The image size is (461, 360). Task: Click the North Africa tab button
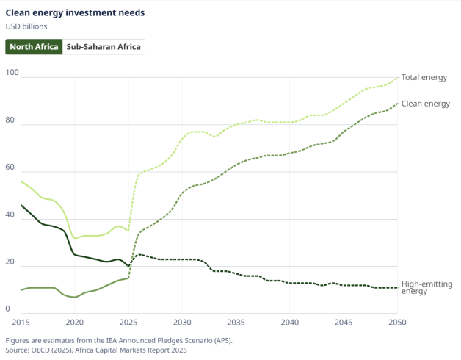34,47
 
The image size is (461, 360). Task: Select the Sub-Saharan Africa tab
104,47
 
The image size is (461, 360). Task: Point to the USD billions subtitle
26,27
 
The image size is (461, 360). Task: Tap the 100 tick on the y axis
12,72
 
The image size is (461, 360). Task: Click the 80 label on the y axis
10,119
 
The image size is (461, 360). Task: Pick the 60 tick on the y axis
10,166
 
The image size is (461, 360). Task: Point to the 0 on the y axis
8,308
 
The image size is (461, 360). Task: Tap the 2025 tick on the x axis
128,323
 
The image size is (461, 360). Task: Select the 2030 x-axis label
182,323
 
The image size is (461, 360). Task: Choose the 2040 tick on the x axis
290,323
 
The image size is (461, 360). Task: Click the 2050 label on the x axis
398,323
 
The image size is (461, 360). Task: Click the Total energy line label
424,77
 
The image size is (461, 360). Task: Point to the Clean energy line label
426,104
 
